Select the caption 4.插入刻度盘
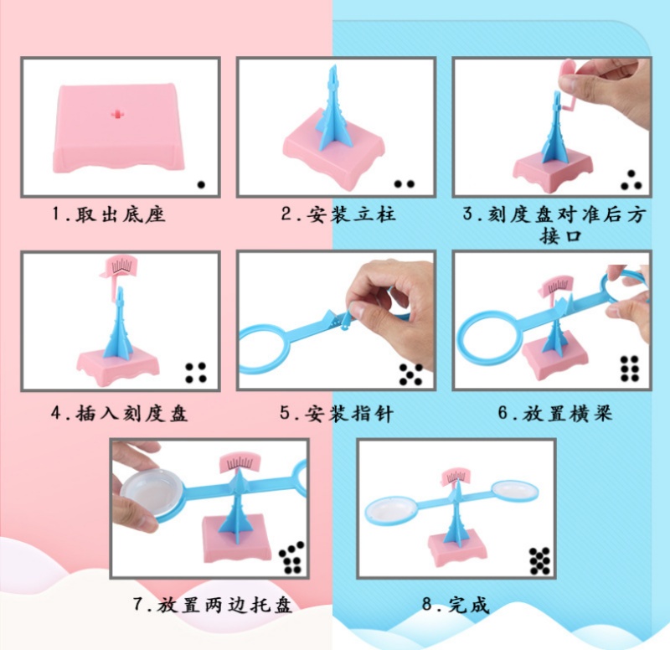coord(119,414)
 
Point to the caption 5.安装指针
coord(337,414)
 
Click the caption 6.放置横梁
coord(555,413)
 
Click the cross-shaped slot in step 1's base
coord(116,114)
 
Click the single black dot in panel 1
coord(201,184)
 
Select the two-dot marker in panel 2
coord(405,184)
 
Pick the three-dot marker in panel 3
coord(631,180)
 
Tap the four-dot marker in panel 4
coord(196,373)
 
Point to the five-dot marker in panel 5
coord(411,374)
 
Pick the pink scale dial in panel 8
coord(456,477)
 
